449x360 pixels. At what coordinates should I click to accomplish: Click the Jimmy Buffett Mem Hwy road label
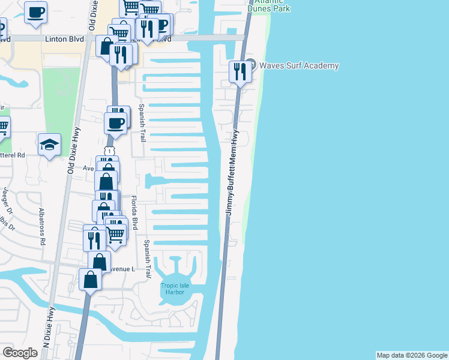coord(232,173)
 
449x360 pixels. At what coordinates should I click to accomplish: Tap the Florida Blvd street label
coord(135,214)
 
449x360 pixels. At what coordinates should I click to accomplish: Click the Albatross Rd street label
coord(42,228)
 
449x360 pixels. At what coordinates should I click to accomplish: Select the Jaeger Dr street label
coord(7,201)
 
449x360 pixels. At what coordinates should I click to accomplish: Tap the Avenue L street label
coord(122,269)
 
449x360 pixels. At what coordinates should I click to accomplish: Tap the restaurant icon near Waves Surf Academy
coord(240,72)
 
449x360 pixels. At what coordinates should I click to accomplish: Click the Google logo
coord(20,353)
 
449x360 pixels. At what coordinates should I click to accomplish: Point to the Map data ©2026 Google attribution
coord(412,355)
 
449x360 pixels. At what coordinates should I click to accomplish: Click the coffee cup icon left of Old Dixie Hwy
coord(36,11)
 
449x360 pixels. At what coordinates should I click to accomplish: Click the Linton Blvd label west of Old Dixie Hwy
coord(63,38)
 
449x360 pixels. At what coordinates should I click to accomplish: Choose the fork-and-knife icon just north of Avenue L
coord(94,239)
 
